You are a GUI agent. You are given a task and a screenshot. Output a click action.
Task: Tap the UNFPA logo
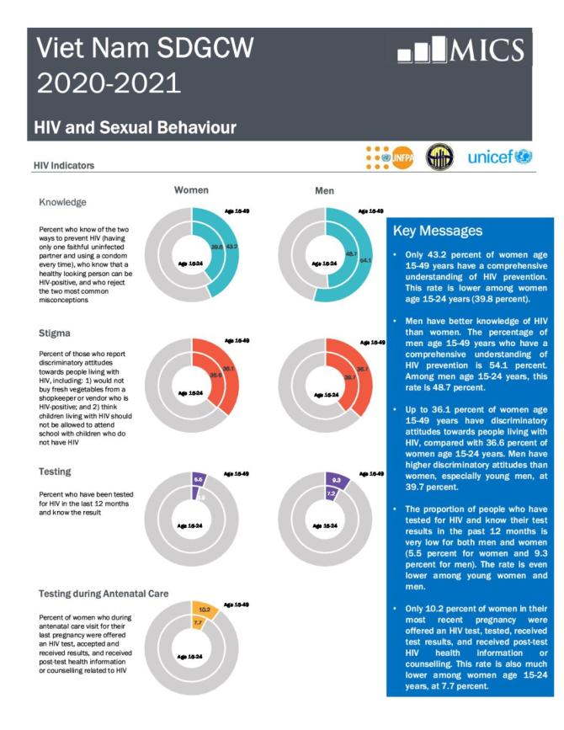390,157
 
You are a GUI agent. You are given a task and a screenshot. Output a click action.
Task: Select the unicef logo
499,157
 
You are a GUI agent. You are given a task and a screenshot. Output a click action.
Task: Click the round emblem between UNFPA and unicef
439,157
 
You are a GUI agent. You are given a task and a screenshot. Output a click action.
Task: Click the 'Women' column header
191,190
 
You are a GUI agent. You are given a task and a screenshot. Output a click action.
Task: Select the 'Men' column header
324,191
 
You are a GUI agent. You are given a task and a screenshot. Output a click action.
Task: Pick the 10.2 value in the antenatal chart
204,609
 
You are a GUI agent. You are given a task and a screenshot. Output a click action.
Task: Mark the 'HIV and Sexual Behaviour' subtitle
135,127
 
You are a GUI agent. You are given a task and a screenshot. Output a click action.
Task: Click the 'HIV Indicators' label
64,164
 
